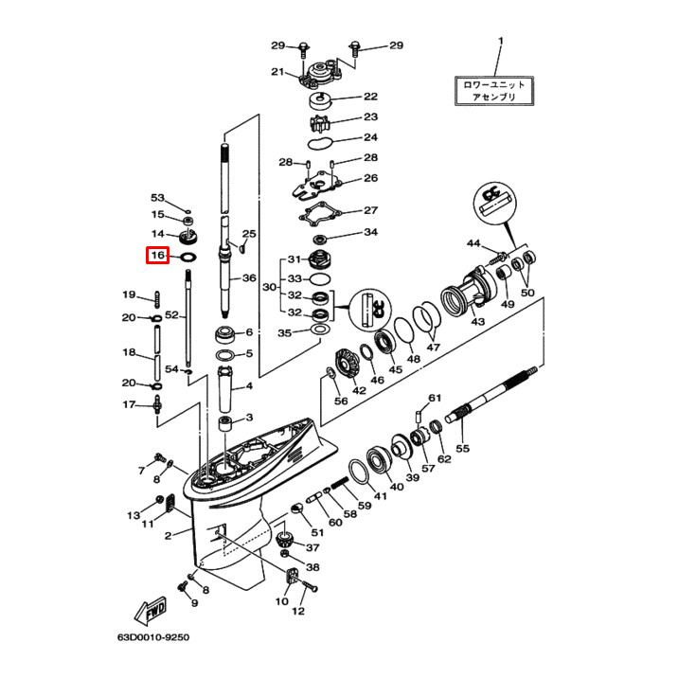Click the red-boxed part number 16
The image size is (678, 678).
pos(157,256)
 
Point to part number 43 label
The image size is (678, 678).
pos(477,323)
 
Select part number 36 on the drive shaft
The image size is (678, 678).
pos(249,278)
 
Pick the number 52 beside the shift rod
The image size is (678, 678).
pos(171,314)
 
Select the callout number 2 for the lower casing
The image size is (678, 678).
pos(169,536)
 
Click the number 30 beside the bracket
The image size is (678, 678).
pos(269,286)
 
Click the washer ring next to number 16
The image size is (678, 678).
pos(187,256)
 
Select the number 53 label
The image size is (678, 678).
pos(157,198)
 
